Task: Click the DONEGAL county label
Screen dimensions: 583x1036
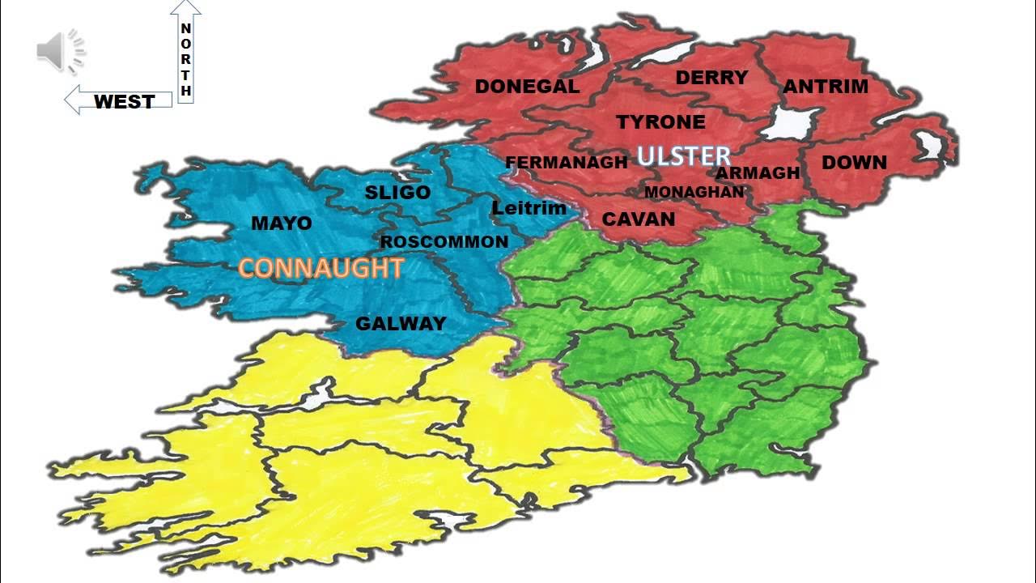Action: tap(527, 87)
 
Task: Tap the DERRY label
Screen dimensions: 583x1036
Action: tap(711, 78)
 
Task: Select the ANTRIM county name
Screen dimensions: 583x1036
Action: tap(825, 86)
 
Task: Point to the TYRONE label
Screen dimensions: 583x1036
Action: tap(660, 122)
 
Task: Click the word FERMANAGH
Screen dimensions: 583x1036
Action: tap(566, 163)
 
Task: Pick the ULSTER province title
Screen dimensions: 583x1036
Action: tap(684, 155)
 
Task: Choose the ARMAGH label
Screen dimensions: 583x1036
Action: tap(758, 172)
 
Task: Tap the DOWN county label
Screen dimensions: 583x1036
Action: tap(854, 163)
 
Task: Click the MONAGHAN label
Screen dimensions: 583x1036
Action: tap(694, 192)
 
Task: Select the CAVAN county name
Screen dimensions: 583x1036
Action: tap(639, 219)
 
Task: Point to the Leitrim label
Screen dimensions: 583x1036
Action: tap(529, 208)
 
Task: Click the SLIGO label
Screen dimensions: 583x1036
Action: tap(397, 193)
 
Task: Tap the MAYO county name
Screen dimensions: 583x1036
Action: tap(282, 223)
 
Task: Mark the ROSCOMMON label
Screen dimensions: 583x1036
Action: tap(444, 241)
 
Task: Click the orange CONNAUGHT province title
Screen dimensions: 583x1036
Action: tap(321, 268)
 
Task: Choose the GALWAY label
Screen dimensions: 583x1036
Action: tap(401, 323)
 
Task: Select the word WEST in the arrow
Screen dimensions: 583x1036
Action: tap(124, 101)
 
